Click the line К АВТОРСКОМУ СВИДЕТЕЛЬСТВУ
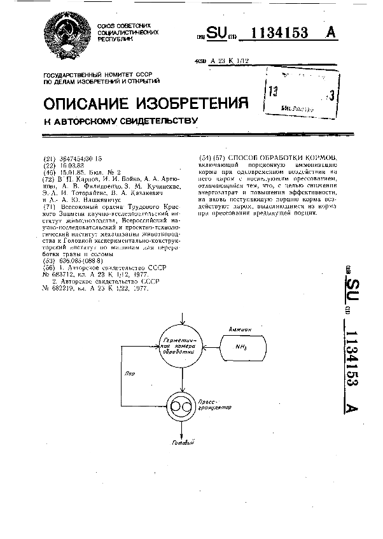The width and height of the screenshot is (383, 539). tap(120, 120)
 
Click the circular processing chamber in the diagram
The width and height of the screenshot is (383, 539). tap(182, 344)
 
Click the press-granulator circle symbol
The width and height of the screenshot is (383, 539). tap(182, 406)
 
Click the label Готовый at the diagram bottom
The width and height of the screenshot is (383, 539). tap(183, 443)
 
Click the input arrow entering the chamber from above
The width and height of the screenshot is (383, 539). tap(183, 317)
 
